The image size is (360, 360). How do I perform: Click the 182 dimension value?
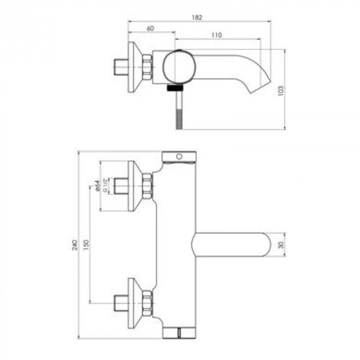197,17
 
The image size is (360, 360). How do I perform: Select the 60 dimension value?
150,28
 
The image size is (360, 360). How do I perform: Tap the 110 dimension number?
217,35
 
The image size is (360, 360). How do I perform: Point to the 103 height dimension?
281,91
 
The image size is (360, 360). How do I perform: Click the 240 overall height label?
75,245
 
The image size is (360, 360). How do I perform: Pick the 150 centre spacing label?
86,245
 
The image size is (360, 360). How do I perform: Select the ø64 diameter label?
98,186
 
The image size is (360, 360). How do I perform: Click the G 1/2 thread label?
105,185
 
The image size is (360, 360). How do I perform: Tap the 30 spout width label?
281,245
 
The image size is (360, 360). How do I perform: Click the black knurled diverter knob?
175,87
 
